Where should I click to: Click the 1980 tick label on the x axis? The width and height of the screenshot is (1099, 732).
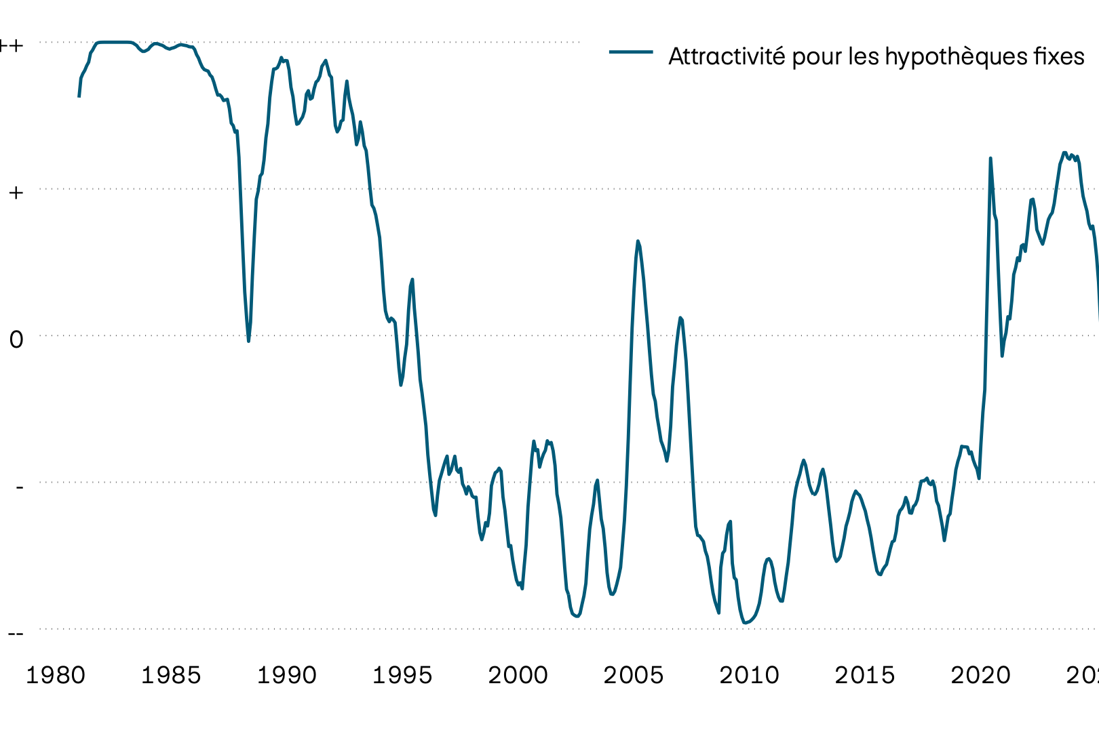(x=55, y=675)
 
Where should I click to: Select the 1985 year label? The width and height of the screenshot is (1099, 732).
(x=171, y=675)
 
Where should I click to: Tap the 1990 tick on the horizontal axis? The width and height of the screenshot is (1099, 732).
(x=286, y=675)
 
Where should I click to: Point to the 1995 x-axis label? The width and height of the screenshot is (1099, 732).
(x=402, y=675)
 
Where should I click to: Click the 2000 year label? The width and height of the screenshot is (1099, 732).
(x=518, y=675)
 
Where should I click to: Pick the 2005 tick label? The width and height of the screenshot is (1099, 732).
(x=634, y=675)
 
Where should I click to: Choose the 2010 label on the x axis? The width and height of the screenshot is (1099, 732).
(x=749, y=675)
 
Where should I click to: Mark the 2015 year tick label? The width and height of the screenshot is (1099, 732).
(x=865, y=675)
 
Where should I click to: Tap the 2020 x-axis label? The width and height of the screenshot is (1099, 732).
(x=980, y=675)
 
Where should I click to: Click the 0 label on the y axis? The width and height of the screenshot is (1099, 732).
(x=16, y=340)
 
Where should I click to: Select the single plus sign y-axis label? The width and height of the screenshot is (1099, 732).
(x=16, y=192)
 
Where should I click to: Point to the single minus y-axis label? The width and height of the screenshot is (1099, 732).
(x=18, y=487)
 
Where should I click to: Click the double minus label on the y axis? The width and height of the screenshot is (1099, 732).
(x=16, y=634)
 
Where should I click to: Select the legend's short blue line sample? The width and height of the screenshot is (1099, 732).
(x=631, y=52)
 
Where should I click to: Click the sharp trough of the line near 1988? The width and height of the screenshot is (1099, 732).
(x=248, y=341)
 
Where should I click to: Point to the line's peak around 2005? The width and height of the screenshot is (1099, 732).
(x=638, y=241)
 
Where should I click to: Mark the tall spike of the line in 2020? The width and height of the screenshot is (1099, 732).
(x=990, y=159)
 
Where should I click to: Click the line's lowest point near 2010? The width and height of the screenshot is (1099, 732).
(x=744, y=623)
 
